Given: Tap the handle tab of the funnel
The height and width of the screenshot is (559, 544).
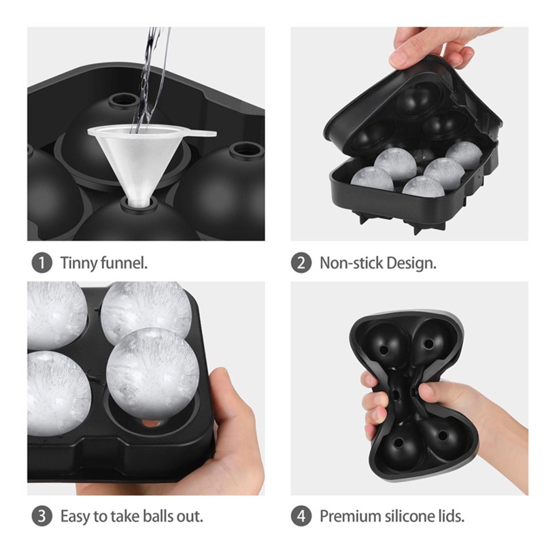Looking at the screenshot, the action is click(201, 134).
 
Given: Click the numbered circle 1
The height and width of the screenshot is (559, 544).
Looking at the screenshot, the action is click(42, 263).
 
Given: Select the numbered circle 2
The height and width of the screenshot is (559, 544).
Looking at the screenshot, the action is click(301, 263).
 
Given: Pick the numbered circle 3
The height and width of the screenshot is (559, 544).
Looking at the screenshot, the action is click(42, 516).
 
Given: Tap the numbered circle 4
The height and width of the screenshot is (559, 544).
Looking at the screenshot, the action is click(301, 516).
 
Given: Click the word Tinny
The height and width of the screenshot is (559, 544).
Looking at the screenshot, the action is click(79, 264).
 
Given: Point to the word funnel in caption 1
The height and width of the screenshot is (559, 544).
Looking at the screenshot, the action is click(124, 263).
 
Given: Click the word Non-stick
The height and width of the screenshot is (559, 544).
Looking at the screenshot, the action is click(351, 263).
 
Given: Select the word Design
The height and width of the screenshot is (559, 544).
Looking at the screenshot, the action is click(411, 264).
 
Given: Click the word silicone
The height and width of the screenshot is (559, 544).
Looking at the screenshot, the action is click(409, 516).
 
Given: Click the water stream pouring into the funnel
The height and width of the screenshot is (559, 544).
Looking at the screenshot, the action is click(150, 78).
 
